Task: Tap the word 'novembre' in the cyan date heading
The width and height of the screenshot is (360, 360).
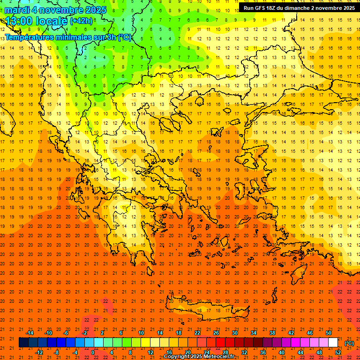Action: coord(60,10)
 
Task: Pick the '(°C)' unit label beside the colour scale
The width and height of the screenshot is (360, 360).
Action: coord(349,343)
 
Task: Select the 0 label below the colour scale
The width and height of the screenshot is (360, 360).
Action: coord(93,352)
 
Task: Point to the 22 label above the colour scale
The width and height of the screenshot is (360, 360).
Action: coord(197,333)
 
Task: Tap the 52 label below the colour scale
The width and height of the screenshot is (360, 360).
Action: coord(338,352)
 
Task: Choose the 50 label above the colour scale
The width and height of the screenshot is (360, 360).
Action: coord(329,333)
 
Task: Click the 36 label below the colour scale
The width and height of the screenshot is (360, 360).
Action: coord(263,352)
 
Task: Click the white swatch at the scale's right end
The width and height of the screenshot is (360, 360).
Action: coord(333,343)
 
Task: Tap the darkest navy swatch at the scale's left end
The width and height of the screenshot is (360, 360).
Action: coord(23,343)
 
